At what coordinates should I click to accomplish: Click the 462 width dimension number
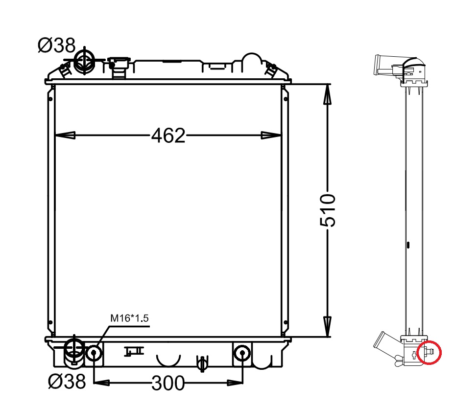coord(168,136)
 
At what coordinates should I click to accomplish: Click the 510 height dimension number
coord(328,210)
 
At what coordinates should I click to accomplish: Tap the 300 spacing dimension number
coord(168,384)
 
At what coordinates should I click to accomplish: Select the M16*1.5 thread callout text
coord(129,318)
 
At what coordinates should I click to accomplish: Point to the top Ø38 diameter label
coord(57,45)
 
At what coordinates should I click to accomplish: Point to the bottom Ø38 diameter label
coord(67,381)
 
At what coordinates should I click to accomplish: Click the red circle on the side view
coord(429,352)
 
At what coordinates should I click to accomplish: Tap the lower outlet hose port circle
coord(74,349)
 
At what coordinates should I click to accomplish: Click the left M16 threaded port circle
coord(94,353)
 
